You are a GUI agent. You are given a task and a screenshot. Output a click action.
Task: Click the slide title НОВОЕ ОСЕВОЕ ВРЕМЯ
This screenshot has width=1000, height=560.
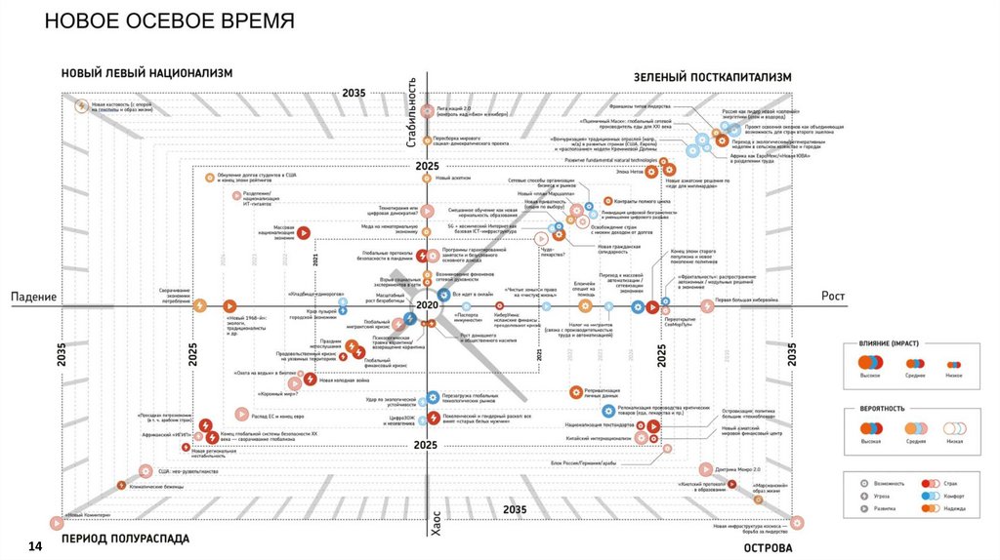tap(170, 20)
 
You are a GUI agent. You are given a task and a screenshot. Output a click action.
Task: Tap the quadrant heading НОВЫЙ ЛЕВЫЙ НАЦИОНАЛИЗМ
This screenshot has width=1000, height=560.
tap(147, 74)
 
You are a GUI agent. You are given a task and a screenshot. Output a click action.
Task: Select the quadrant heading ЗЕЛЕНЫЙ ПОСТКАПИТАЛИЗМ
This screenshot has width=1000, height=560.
tap(712, 76)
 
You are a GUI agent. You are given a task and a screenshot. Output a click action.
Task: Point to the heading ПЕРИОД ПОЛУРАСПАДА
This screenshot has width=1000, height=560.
tap(125, 539)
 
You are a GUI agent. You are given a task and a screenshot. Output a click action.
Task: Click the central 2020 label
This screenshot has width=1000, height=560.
tap(427, 305)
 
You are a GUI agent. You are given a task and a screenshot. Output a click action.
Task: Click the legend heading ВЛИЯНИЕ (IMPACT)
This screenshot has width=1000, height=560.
tap(890, 344)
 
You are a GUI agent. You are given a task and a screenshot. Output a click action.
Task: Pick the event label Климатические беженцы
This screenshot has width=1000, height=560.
tap(156, 484)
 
